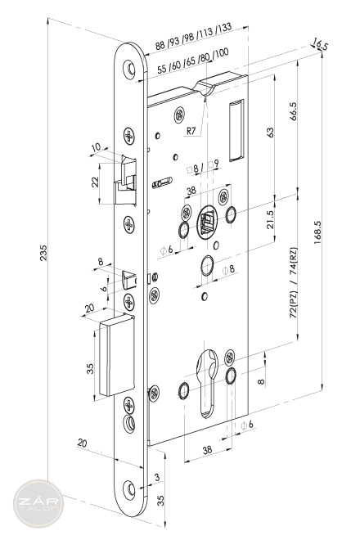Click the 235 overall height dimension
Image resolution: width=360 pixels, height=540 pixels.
pos(43,253)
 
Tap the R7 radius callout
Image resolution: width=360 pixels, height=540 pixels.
pos(191,131)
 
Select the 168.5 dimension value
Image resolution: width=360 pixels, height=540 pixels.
pos(317,233)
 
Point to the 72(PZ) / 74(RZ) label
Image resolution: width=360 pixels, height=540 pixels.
pos(293,282)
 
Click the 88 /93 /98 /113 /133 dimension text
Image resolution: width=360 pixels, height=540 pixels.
pos(193,37)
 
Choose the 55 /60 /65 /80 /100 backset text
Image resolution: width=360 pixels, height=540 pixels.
pos(193,61)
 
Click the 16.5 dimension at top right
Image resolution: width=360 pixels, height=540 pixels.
pos(319,44)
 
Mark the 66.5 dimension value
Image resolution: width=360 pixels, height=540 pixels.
pos(293,111)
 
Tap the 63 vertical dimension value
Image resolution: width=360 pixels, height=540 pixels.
pos(271,133)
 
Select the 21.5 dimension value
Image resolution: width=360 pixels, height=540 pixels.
pos(271,219)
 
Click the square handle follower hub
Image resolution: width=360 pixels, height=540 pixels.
pos(207,222)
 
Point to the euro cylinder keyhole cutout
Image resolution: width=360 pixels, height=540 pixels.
pos(207,383)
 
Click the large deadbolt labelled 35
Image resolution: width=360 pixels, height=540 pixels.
pos(117,355)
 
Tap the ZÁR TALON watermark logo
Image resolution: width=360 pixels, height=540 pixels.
pos(38,504)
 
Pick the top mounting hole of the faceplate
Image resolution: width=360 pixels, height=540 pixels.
pos(129,70)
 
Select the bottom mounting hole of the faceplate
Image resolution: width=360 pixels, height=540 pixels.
pos(129,490)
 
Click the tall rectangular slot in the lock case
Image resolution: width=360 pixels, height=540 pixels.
pos(236,130)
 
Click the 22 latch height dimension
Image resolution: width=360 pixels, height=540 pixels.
pos(95,182)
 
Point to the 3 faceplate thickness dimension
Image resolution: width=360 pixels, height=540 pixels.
pos(157,477)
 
